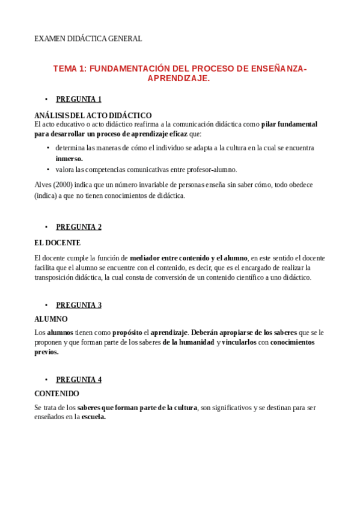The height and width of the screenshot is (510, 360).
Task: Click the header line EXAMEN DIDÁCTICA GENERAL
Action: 88,38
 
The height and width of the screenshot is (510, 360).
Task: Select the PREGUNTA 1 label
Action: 78,99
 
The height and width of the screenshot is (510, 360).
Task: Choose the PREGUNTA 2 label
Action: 78,227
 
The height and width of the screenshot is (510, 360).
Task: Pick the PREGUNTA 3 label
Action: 78,305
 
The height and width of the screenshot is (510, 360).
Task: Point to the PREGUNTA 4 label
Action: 78,379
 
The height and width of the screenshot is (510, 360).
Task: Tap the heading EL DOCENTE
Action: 57,243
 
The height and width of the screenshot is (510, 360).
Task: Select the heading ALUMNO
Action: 51,319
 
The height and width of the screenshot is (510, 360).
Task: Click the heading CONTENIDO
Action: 56,393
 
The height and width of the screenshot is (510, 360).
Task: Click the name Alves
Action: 43,185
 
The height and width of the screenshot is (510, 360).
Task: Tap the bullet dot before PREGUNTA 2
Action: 46,227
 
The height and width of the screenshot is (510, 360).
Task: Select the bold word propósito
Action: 127,332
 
